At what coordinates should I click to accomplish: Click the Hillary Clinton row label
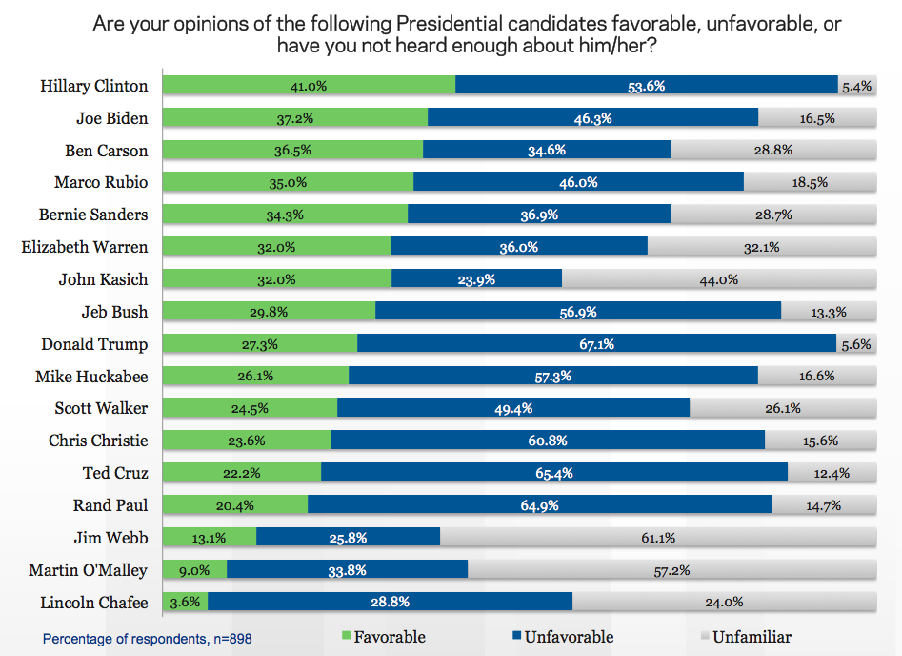(x=94, y=86)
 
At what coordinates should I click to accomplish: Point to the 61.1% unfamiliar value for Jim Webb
(x=657, y=538)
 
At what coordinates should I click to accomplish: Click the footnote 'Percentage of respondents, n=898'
(x=148, y=638)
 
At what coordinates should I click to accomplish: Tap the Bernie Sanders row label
(x=93, y=215)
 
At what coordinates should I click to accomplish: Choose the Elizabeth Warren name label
(x=85, y=247)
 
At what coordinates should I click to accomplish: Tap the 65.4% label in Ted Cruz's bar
(x=553, y=473)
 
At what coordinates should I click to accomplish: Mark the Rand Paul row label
(x=110, y=505)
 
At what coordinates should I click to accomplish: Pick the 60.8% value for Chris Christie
(x=547, y=441)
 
